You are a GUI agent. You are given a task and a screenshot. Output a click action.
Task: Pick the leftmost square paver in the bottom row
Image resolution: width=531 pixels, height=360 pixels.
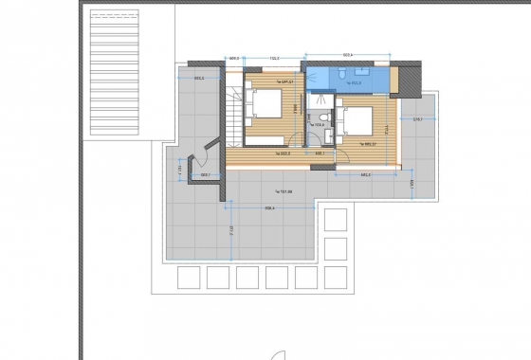pos(188,277)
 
